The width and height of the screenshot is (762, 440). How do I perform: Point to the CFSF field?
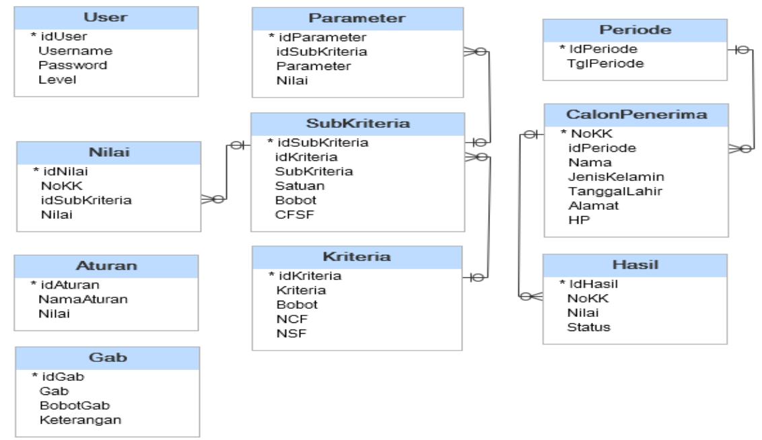click(291, 215)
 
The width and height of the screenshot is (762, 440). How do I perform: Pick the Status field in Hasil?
click(588, 328)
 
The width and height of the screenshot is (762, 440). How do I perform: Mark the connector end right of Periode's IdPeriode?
click(736, 50)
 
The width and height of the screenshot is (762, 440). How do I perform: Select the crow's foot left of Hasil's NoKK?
click(528, 297)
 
